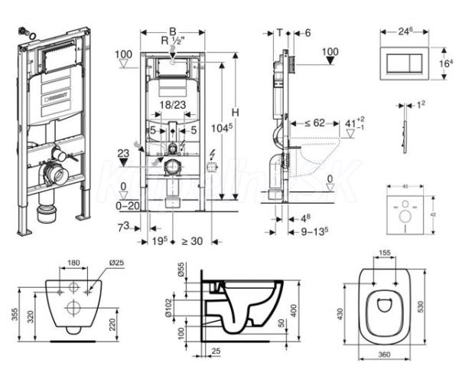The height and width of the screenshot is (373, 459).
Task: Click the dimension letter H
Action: [x=236, y=113]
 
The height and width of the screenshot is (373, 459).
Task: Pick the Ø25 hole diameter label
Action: [x=116, y=263]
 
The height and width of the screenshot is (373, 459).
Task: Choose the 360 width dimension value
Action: [x=384, y=355]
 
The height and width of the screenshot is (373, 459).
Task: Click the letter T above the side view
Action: [x=280, y=32]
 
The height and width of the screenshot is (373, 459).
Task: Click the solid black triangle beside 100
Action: [x=329, y=61]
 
